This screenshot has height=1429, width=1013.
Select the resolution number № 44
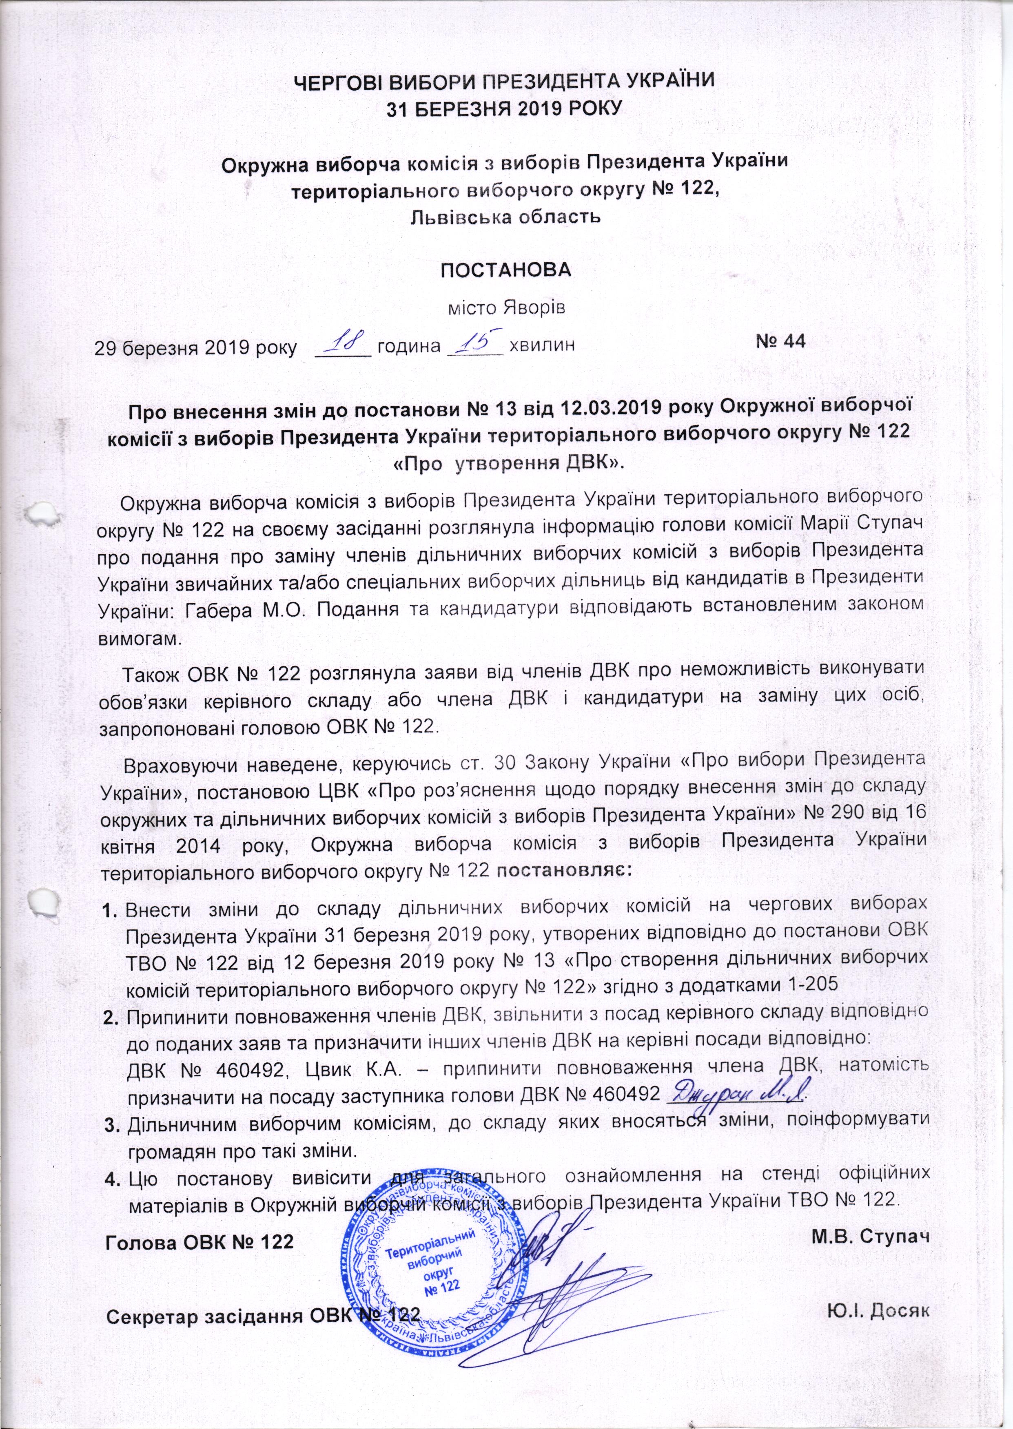click(x=780, y=341)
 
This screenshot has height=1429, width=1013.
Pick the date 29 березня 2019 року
click(x=196, y=346)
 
